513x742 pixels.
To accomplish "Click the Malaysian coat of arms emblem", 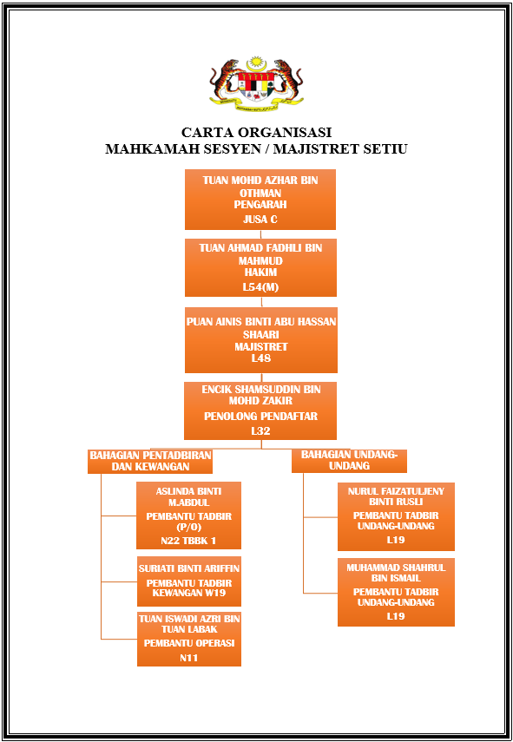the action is (256, 85).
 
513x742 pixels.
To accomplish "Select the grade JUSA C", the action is (260, 220).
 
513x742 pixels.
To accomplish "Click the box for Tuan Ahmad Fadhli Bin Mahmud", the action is (260, 267).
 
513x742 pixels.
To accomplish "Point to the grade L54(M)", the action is (260, 287).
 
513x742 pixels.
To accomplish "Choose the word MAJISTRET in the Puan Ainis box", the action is (260, 347).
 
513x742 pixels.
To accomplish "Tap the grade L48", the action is (260, 358).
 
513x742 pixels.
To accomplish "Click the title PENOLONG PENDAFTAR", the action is (260, 417).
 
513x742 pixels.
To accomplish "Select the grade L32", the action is (260, 431).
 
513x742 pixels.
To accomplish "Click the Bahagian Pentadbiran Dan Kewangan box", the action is (150, 462).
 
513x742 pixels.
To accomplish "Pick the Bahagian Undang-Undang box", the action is (349, 461).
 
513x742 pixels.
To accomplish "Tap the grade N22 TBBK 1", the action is (188, 541).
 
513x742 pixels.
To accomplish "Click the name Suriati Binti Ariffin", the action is (189, 568).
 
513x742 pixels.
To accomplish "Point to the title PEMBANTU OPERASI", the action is (189, 643).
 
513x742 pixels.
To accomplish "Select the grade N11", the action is (189, 658).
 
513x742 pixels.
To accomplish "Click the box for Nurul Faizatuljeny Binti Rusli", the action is (396, 516).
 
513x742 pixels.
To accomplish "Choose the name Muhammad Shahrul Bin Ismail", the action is (396, 573).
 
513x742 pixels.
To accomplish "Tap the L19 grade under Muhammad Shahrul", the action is (396, 616).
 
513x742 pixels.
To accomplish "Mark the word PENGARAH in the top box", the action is (260, 205).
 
